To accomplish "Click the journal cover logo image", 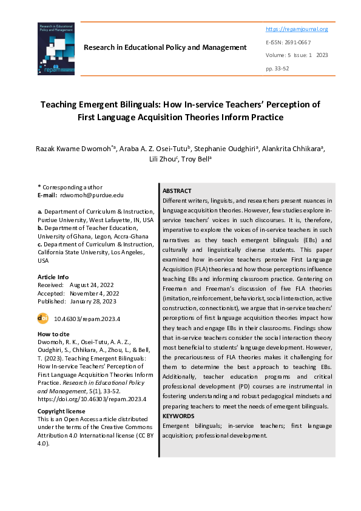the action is click(x=55, y=49).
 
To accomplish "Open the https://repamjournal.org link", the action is click(x=297, y=29).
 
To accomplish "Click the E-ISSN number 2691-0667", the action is click(x=305, y=42).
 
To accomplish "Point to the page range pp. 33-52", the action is click(x=277, y=68).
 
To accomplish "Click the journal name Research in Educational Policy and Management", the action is click(x=165, y=47).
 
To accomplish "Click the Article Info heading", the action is click(x=53, y=277).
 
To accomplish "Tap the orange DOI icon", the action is click(x=43, y=317).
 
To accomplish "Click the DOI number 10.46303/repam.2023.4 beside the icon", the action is click(x=87, y=318).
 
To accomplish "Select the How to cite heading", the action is click(x=53, y=334).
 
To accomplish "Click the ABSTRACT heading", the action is click(x=177, y=191).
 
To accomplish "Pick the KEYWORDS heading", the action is click(x=178, y=416).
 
